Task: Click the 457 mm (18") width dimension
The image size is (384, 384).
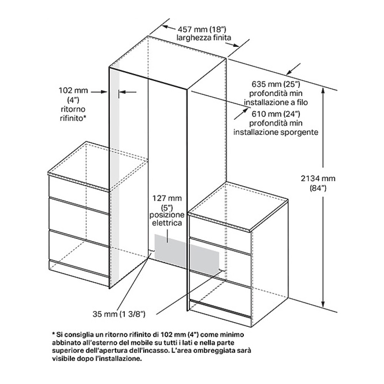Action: pyautogui.click(x=202, y=30)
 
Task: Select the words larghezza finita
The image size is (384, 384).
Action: pyautogui.click(x=204, y=38)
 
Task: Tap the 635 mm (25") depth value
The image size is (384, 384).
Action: pyautogui.click(x=276, y=84)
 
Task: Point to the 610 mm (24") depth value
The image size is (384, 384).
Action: pyautogui.click(x=276, y=114)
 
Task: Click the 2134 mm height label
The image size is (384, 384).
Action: pyautogui.click(x=318, y=178)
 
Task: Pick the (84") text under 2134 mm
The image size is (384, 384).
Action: pyautogui.click(x=318, y=188)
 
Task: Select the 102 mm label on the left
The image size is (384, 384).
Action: pyautogui.click(x=73, y=90)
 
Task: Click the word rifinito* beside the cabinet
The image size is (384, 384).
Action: pyautogui.click(x=73, y=118)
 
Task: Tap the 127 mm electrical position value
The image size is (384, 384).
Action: pyautogui.click(x=167, y=198)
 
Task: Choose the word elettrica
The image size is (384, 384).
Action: pyautogui.click(x=167, y=223)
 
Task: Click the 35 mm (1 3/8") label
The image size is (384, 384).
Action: pyautogui.click(x=119, y=314)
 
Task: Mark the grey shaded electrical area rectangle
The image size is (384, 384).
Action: pyautogui.click(x=186, y=253)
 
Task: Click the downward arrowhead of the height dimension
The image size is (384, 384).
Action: pyautogui.click(x=323, y=304)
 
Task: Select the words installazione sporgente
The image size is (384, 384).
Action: pyautogui.click(x=276, y=132)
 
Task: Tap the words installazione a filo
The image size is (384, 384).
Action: pyautogui.click(x=276, y=103)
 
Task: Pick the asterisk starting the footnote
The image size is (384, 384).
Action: pyautogui.click(x=54, y=334)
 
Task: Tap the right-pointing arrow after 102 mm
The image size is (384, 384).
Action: pyautogui.click(x=99, y=92)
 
